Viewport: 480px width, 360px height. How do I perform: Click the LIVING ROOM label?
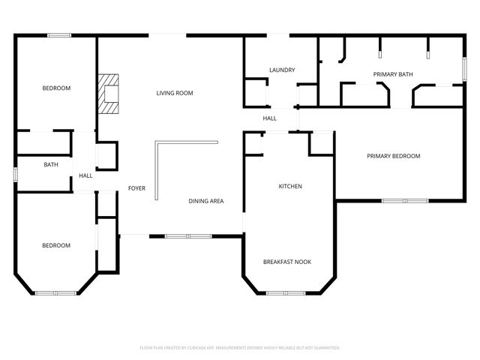175,93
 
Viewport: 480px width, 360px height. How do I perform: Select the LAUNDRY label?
282,70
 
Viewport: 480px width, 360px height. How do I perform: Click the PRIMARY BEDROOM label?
393,156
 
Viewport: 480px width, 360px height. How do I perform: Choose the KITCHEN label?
290,186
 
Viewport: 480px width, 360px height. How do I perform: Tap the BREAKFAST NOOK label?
287,262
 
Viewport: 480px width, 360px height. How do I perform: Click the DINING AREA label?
205,201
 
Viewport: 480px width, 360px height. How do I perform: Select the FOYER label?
136,188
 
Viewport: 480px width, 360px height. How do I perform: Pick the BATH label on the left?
51,165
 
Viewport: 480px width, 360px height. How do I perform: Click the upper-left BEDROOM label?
56,88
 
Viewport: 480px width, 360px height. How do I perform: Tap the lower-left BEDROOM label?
56,245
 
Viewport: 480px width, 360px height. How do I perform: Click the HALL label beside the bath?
85,176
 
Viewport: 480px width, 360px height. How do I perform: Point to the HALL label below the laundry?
270,118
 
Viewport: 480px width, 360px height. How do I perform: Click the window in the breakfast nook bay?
286,293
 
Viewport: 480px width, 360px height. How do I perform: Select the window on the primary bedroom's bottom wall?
404,200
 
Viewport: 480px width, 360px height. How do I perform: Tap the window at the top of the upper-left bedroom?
59,34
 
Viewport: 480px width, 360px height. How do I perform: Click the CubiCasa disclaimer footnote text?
240,348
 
